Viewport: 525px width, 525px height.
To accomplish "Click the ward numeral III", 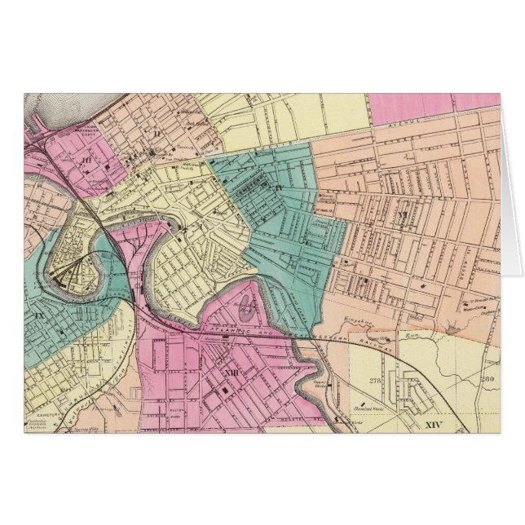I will (86, 161).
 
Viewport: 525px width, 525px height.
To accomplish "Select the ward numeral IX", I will (39, 313).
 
